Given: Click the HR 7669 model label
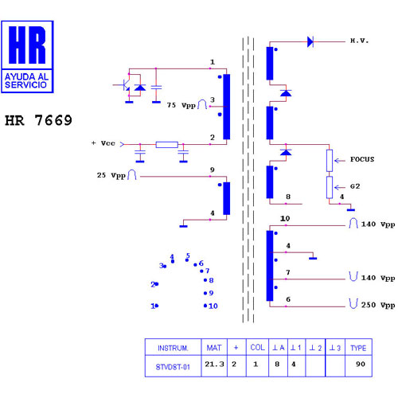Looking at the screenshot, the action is coord(38,120).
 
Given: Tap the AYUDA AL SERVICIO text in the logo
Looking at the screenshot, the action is coord(26,80).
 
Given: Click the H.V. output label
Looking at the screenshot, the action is coord(359,41).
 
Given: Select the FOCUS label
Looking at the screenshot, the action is coord(362,159).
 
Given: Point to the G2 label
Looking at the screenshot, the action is coord(355,186).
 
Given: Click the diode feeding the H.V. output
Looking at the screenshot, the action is coord(310,41).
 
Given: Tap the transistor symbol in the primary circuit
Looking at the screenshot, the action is coord(125,85).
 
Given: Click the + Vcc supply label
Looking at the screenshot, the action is coord(103,143).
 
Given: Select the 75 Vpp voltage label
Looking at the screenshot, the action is coord(181,105).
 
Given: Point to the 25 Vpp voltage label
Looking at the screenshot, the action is coord(111,175).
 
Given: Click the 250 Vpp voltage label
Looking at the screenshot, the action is coord(378,305).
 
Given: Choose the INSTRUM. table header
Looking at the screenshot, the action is coord(173,348).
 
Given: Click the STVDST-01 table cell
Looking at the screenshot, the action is coord(173,367).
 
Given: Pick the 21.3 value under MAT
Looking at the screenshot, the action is coord(214,364).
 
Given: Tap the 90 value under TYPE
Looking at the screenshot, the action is coord(361,364).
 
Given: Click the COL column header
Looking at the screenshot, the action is coord(257,348).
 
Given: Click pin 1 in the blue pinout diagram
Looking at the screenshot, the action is coord(154,306).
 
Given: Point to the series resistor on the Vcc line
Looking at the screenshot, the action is coord(167,145).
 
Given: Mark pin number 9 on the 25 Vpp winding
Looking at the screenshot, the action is coord(213,170).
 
